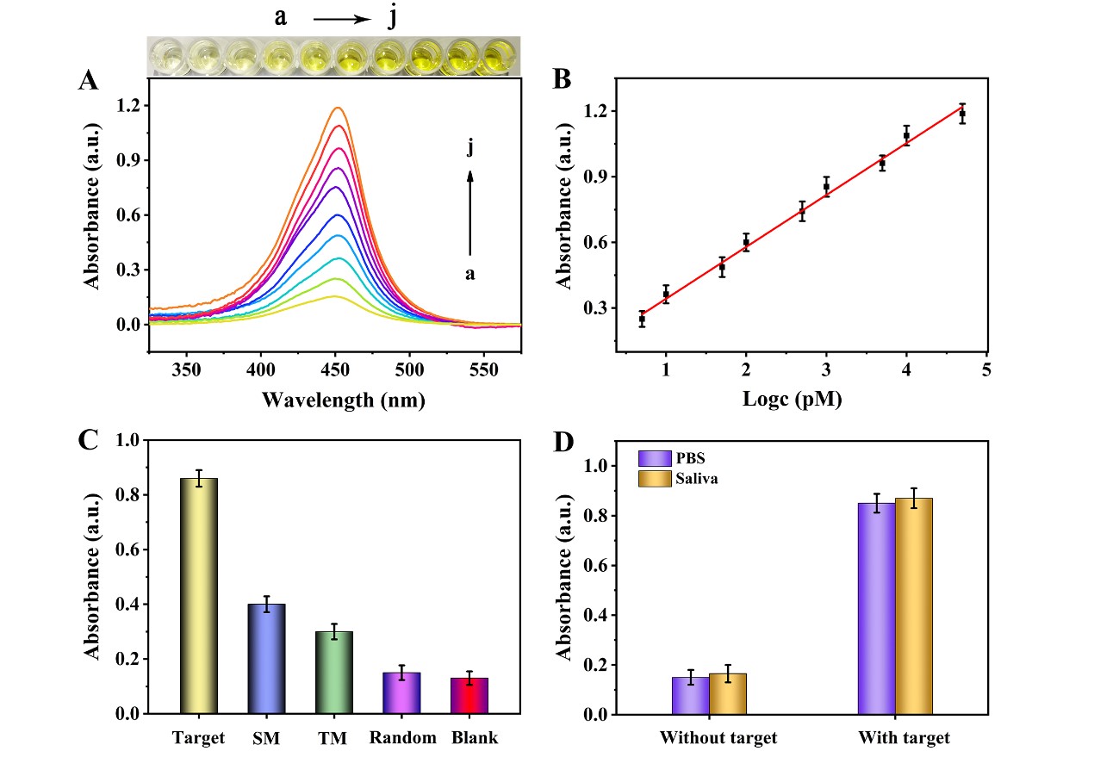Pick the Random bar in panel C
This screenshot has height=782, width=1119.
point(401,693)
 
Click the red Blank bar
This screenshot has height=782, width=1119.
point(469,696)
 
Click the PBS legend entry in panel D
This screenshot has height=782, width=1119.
point(672,458)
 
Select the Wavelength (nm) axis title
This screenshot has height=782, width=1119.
point(342,400)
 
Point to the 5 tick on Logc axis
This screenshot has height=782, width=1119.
point(986,369)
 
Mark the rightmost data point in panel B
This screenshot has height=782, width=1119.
point(962,114)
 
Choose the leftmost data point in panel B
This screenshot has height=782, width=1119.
point(642,320)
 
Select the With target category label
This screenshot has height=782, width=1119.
point(904,738)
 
